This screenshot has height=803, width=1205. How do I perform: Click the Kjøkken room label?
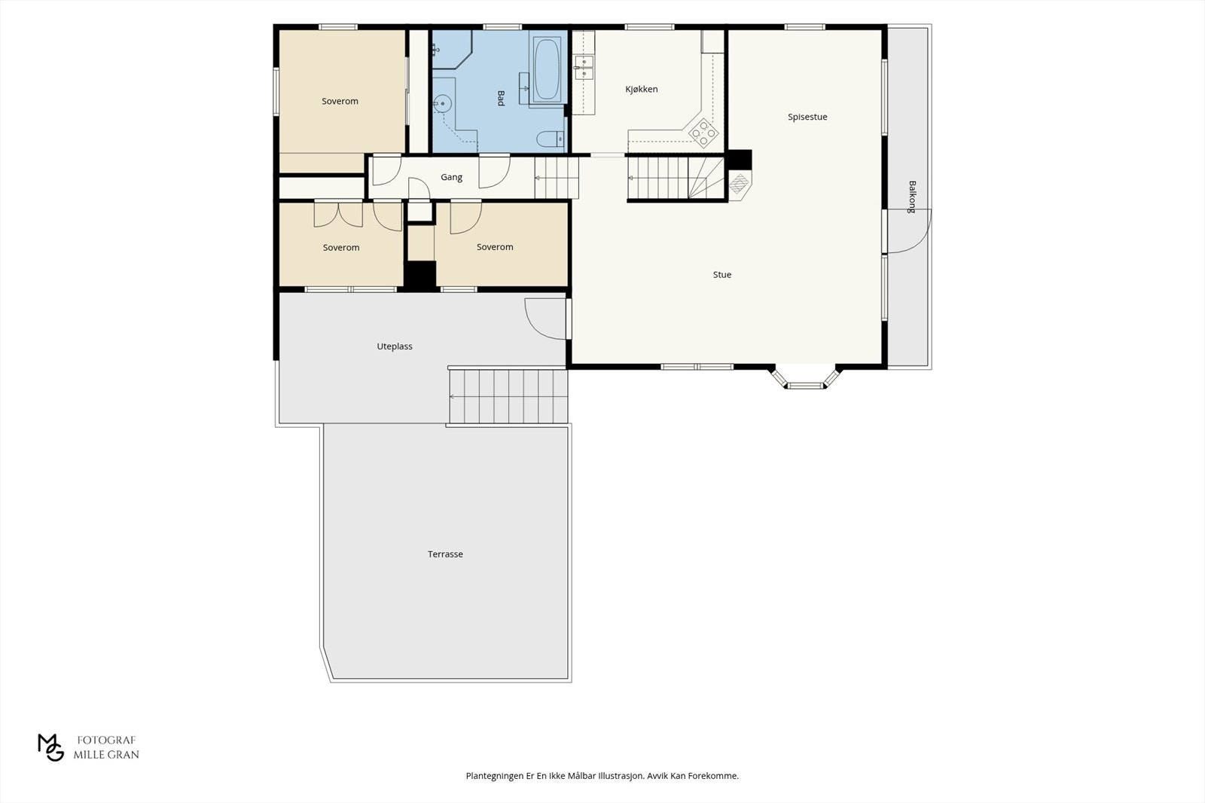point(641,90)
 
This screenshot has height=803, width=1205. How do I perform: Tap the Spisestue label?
point(807,117)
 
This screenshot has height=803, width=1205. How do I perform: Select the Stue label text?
point(722,274)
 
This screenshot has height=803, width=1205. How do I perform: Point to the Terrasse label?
point(445,554)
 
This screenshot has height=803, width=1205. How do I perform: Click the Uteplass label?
point(395,346)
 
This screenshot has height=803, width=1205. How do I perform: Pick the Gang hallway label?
point(451,177)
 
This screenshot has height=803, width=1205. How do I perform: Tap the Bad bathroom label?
point(501,98)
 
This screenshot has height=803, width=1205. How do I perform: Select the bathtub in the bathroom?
point(547,69)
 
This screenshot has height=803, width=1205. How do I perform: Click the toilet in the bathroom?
point(551,139)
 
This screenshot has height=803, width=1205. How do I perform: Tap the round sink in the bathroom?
point(442,102)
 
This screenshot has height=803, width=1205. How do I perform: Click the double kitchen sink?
point(584,67)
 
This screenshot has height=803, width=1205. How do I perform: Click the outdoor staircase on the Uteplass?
point(508,396)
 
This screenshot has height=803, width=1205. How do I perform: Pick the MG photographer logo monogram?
point(50,747)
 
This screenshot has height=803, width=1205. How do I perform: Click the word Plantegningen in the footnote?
point(495,776)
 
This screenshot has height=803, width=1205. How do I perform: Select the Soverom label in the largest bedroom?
point(340,101)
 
